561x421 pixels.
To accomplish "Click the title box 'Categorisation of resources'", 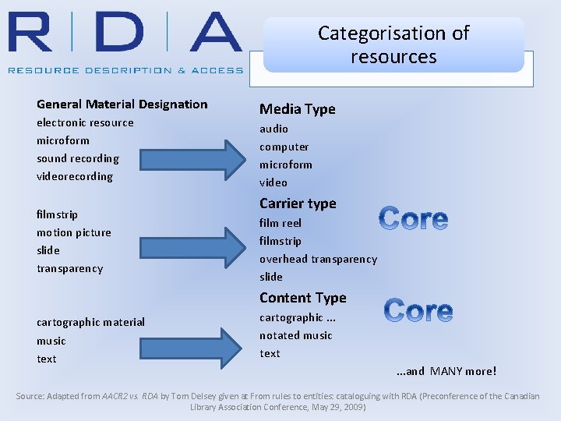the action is (x=393, y=44).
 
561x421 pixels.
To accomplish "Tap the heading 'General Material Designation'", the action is (x=122, y=104).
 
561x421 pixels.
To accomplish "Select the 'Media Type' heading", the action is (x=297, y=109).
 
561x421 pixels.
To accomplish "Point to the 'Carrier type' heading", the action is (x=298, y=203).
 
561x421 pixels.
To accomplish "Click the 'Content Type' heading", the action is (x=302, y=298).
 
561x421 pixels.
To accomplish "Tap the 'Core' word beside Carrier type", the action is (x=414, y=219).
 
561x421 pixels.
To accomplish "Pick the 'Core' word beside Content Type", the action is (x=418, y=311).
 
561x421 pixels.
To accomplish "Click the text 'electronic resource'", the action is (x=85, y=123).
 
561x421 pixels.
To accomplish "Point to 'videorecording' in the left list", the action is (x=75, y=177).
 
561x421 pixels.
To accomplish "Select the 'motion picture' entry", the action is (x=74, y=232).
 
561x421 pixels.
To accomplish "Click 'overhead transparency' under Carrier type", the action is (x=318, y=259).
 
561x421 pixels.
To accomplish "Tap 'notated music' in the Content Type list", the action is (x=296, y=335).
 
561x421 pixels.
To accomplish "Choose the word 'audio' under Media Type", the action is (x=273, y=129).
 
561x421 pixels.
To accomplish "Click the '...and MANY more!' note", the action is (x=446, y=371).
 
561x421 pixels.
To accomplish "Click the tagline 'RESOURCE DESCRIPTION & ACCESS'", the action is (x=125, y=70).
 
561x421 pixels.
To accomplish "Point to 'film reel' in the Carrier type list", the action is (x=280, y=223).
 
